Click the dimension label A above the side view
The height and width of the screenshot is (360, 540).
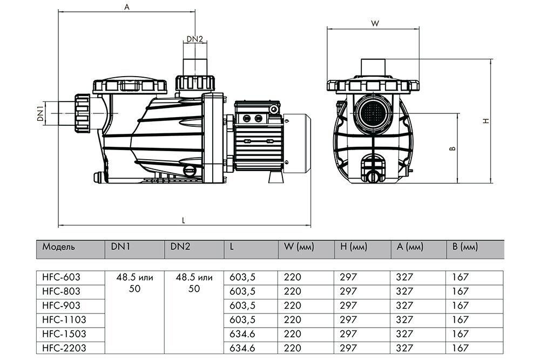pos(127,6)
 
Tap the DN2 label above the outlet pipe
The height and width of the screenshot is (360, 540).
pos(195,39)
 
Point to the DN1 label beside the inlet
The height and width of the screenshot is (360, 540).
pos(40,113)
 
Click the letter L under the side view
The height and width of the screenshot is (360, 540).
pos(184,220)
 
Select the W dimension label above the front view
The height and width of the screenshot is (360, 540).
pos(375,23)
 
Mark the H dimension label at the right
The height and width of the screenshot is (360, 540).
pos(486,121)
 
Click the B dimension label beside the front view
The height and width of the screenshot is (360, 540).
pos(453,148)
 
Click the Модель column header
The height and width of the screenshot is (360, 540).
pos(58,247)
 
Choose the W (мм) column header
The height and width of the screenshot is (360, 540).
pos(299,247)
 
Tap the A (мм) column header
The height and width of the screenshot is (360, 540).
pos(409,247)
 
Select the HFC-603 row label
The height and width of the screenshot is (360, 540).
pos(62,277)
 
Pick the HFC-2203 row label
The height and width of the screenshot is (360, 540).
pos(64,348)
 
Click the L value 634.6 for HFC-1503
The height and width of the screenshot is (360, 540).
pos(242,334)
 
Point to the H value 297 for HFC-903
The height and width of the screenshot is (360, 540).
pos(348,305)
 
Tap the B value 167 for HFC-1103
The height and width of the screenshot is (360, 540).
pos(461,320)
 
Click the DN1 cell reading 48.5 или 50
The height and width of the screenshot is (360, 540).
pos(134,283)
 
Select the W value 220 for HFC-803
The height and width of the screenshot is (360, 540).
pos(293,291)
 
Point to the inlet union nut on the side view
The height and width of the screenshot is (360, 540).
pos(82,113)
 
